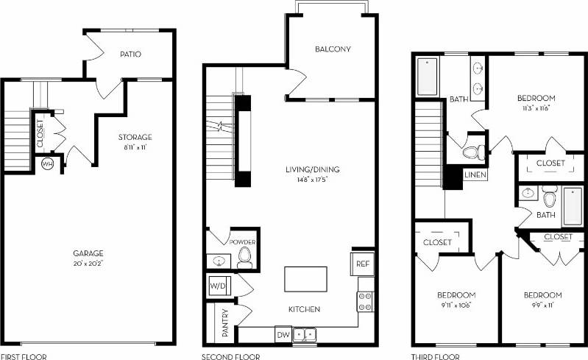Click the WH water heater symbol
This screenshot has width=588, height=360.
[x=48, y=163]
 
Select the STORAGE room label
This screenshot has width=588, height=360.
[x=135, y=137]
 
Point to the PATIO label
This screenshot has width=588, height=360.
[x=130, y=54]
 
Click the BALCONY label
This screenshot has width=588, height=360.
[x=333, y=50]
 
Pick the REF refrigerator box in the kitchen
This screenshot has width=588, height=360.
[x=362, y=263]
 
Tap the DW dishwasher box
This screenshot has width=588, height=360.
[x=283, y=335]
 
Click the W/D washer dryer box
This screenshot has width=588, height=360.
[x=219, y=284]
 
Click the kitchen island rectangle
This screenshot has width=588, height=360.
[x=305, y=279]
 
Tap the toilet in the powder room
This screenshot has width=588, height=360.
[x=245, y=257]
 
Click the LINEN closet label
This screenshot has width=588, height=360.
[x=475, y=176]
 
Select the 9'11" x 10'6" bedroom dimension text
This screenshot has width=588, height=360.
[x=457, y=305]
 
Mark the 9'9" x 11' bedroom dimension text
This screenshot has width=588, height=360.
[x=543, y=305]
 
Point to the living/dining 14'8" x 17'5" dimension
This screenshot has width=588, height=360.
[x=313, y=178]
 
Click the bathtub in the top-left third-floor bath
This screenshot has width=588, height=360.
[x=428, y=77]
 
